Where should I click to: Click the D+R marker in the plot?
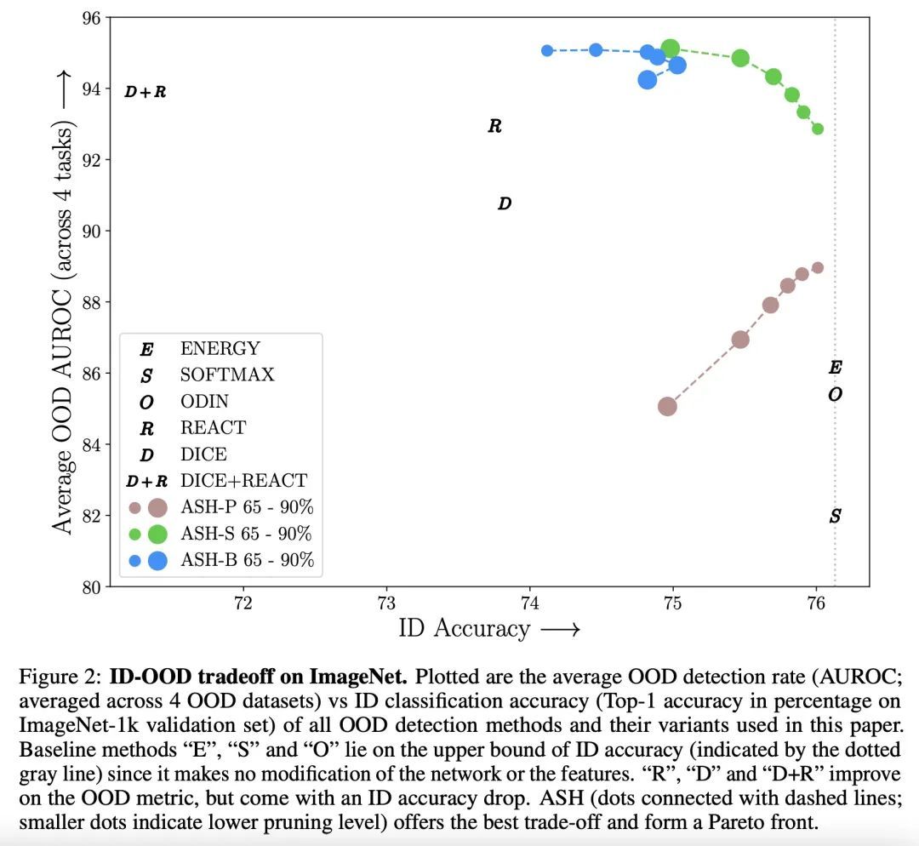pyautogui.click(x=145, y=92)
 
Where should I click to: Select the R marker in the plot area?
pyautogui.click(x=494, y=127)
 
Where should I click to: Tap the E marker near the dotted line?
pyautogui.click(x=836, y=368)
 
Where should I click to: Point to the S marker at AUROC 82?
pyautogui.click(x=836, y=517)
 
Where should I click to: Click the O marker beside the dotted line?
pyautogui.click(x=836, y=395)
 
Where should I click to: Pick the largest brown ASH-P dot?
pyautogui.click(x=667, y=406)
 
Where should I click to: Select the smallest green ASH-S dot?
pyautogui.click(x=818, y=129)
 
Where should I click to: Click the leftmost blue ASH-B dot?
pyautogui.click(x=547, y=51)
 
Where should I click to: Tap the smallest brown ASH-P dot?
pyautogui.click(x=818, y=267)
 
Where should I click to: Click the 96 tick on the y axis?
pyautogui.click(x=89, y=17)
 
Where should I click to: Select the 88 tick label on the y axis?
pyautogui.click(x=89, y=302)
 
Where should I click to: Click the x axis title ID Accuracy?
pyautogui.click(x=464, y=629)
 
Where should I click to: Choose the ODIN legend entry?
pyautogui.click(x=204, y=401)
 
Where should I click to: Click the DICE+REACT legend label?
pyautogui.click(x=243, y=481)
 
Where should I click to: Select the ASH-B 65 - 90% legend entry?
pyautogui.click(x=247, y=560)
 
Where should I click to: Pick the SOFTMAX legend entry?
pyautogui.click(x=227, y=374)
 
